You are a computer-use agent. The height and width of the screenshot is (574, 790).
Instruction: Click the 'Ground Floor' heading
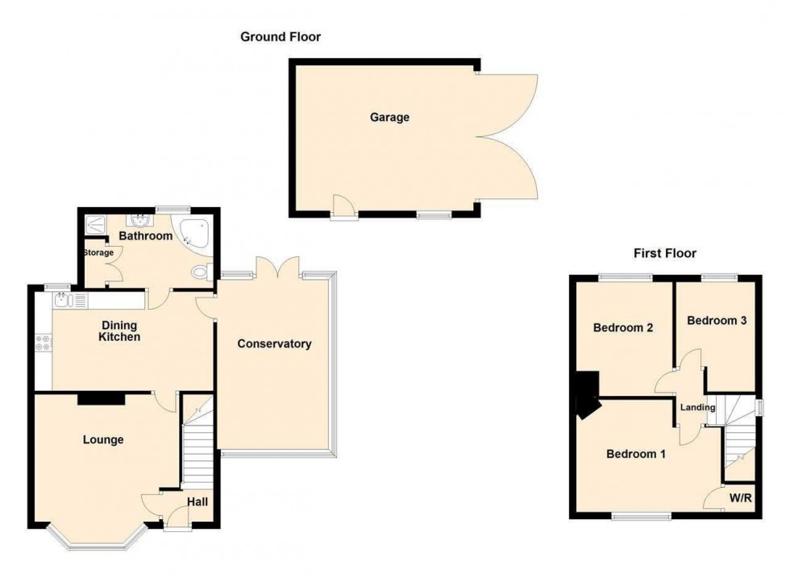coord(281,36)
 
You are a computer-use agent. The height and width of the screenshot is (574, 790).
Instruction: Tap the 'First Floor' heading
coord(664,253)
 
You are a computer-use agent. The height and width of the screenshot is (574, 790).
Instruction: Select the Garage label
coord(389,118)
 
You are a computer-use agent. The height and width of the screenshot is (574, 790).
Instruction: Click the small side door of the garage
coord(344,209)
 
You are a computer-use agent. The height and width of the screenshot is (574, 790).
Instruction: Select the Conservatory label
coord(274,344)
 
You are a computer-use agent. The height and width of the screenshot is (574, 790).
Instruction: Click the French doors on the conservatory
coord(278,269)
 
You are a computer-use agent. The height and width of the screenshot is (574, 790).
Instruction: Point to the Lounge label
coord(104,440)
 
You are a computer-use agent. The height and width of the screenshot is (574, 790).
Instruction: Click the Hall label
coord(197,502)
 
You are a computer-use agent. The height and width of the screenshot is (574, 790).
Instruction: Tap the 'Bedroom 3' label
coord(716,320)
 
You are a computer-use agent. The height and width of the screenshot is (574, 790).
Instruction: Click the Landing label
coord(697,408)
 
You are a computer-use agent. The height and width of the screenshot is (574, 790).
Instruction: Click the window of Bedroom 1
coord(641,516)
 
